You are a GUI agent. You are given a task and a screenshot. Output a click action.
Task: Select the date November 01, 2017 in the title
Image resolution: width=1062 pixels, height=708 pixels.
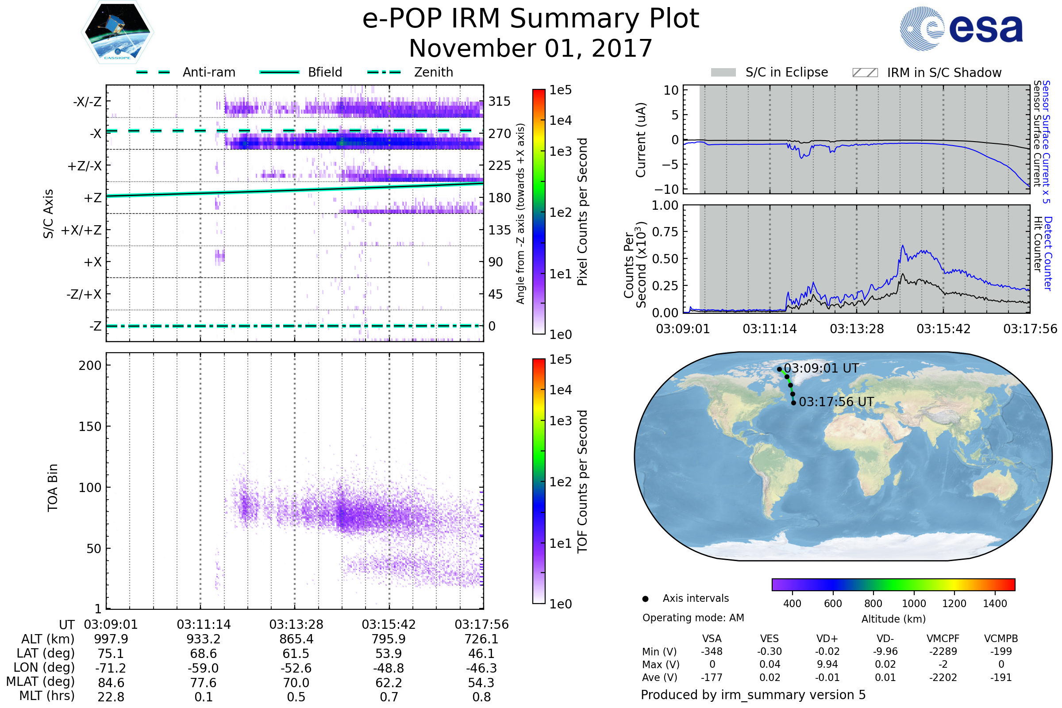click(531, 48)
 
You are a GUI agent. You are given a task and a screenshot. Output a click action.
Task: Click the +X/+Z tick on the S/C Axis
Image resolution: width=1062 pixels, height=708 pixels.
click(81, 230)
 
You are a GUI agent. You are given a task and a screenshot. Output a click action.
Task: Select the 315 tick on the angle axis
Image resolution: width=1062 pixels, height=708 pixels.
click(500, 101)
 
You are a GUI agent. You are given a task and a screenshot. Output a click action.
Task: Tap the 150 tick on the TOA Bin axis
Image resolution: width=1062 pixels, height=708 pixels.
click(90, 427)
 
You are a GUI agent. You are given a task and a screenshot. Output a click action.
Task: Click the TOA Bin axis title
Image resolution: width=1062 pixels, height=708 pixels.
click(53, 488)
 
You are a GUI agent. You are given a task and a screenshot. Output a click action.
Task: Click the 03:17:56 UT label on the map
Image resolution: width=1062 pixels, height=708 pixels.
click(836, 402)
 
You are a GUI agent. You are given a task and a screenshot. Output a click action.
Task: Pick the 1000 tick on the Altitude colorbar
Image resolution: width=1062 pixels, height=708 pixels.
click(913, 604)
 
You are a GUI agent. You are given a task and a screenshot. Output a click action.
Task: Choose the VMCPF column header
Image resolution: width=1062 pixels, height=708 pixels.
click(943, 639)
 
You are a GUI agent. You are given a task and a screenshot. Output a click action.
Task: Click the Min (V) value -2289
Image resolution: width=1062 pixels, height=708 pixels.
click(943, 651)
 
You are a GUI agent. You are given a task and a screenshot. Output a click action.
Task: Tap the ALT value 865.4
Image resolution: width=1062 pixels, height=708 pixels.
click(296, 639)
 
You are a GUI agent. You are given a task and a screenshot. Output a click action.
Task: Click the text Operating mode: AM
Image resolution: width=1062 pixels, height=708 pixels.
click(693, 618)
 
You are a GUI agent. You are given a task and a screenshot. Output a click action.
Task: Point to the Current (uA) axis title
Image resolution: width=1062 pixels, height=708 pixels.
click(641, 140)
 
